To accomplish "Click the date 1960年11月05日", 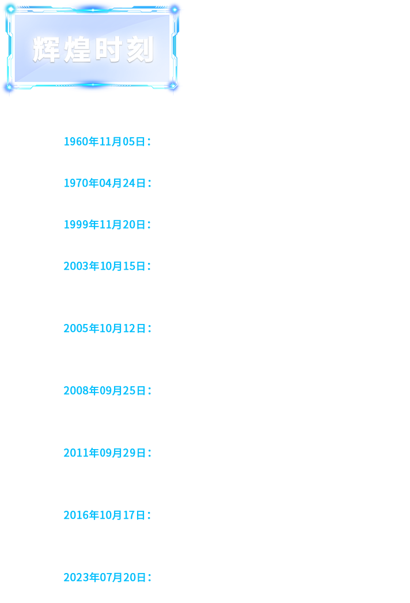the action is (105, 141).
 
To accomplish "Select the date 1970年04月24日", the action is (105, 183).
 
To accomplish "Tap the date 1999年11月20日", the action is (105, 225).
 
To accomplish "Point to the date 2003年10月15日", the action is (105, 266).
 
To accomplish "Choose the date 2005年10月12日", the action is (105, 329).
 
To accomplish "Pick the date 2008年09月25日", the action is (105, 391).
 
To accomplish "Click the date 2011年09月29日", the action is (105, 453).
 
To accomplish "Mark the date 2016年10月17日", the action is (105, 515).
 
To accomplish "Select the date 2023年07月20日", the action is (105, 578).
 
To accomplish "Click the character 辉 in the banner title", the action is (47, 50).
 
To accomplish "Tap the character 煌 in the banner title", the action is (78, 50).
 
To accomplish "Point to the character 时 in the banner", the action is (108, 50).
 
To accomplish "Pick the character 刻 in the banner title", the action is (141, 50).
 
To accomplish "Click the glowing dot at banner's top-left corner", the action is (11, 9).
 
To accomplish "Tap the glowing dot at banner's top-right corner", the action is (174, 9).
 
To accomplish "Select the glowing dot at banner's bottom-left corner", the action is (10, 87).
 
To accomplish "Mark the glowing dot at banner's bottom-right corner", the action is (173, 86).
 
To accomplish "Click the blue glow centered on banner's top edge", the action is (92, 9).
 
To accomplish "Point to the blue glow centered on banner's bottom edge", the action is (92, 85).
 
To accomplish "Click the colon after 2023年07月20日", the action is (150, 578).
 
